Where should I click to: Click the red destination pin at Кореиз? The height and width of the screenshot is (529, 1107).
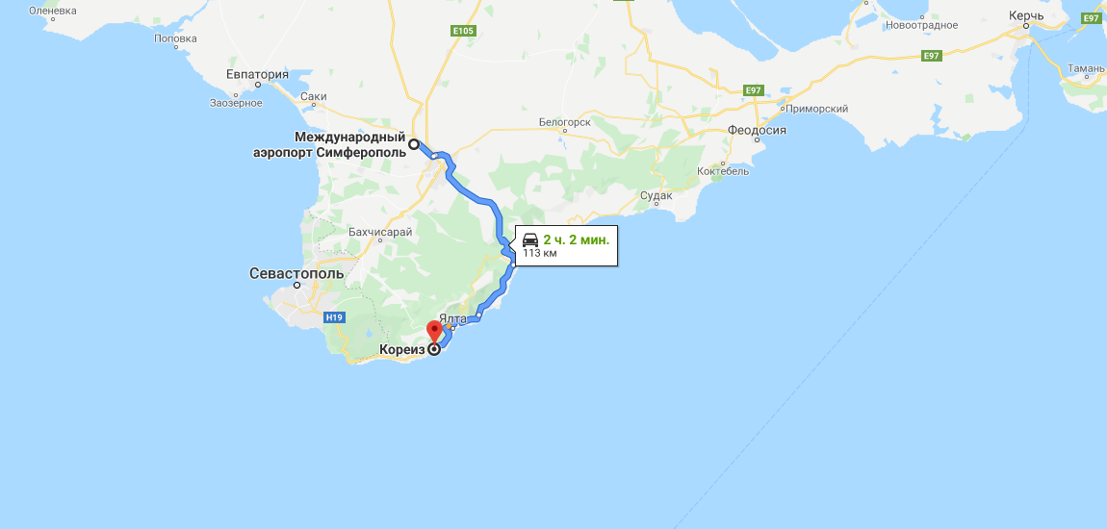(x=433, y=332)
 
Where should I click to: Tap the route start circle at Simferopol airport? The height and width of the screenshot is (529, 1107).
(x=414, y=144)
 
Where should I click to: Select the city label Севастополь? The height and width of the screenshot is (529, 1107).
(x=296, y=273)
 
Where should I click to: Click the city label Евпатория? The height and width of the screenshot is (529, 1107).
(x=258, y=74)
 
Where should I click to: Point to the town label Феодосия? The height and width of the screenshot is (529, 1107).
(x=758, y=130)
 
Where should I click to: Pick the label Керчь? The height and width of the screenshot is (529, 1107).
(x=1026, y=16)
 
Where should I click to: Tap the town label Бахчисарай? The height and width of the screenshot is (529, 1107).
(x=381, y=232)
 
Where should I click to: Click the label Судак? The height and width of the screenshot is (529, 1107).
(x=656, y=196)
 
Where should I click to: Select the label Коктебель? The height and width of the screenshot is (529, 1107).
(x=723, y=170)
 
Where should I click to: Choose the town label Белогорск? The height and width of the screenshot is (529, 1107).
(x=564, y=122)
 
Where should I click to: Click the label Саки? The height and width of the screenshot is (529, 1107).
(x=314, y=96)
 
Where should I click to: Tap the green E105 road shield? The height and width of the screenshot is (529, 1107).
(x=464, y=31)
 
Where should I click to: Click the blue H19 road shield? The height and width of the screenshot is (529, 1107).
(x=334, y=316)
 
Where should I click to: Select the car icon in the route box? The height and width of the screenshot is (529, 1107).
(x=530, y=239)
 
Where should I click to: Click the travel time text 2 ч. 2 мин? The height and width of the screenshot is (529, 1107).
(x=576, y=239)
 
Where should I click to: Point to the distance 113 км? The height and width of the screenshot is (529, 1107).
(x=540, y=254)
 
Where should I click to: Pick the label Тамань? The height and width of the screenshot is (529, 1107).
(x=1085, y=68)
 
